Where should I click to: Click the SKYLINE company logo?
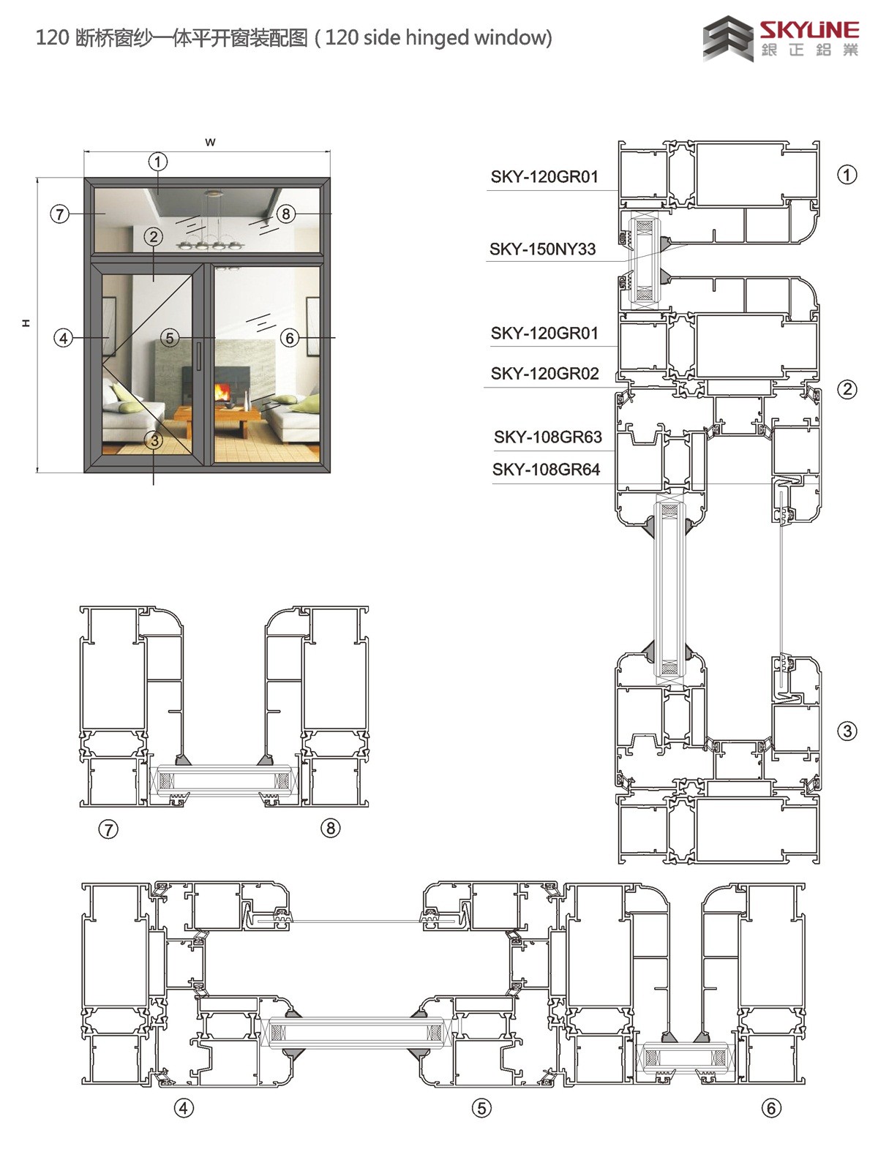pyautogui.click(x=780, y=38)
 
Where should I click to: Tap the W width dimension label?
pyautogui.click(x=211, y=142)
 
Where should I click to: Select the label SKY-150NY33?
pyautogui.click(x=542, y=249)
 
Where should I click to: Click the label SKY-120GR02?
pyautogui.click(x=544, y=374)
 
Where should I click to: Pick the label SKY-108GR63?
pyautogui.click(x=547, y=437)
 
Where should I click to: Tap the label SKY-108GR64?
pyautogui.click(x=546, y=470)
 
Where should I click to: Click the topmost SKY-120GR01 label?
pyautogui.click(x=544, y=176)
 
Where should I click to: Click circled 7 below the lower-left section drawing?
pyautogui.click(x=108, y=829)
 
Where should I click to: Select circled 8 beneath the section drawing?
pyautogui.click(x=331, y=828)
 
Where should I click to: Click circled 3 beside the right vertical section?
pyautogui.click(x=847, y=731)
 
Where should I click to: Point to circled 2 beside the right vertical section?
pyautogui.click(x=847, y=389)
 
